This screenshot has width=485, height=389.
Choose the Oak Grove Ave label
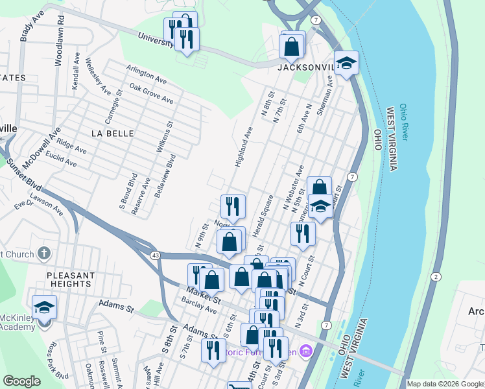click(x=151, y=93)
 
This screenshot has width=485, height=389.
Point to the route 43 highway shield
click(x=155, y=255)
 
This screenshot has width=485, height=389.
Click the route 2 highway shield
click(x=436, y=277)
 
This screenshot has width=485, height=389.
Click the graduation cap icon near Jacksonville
click(x=346, y=63)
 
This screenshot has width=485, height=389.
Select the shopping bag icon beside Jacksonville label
click(x=292, y=45)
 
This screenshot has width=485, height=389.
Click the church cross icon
click(x=43, y=252)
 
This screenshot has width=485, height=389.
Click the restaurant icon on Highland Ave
click(x=233, y=206)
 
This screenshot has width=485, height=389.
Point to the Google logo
click(x=22, y=381)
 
